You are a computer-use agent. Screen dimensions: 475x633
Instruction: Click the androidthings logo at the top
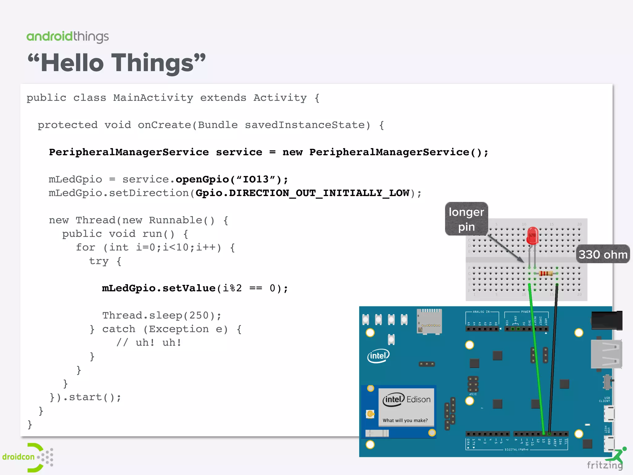[67, 37]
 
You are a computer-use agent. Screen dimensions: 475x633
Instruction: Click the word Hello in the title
[72, 63]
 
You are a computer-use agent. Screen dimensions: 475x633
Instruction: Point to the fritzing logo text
[605, 465]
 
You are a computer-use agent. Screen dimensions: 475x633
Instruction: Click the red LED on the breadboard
[532, 236]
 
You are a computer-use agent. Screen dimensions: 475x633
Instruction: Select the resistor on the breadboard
[546, 273]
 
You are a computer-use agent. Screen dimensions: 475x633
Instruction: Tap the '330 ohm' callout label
[603, 254]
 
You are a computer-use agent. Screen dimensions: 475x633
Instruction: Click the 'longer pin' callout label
[466, 219]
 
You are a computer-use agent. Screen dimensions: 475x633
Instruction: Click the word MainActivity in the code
[153, 98]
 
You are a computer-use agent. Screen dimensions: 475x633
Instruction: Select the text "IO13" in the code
[256, 179]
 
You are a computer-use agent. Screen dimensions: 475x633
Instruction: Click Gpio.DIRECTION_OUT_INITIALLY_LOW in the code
[302, 193]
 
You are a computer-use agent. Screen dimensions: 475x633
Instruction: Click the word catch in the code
[119, 329]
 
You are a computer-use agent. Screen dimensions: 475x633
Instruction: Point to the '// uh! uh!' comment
[149, 343]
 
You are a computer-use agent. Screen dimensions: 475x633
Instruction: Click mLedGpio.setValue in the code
[159, 288]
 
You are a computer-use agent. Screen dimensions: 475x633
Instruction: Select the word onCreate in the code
[164, 125]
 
